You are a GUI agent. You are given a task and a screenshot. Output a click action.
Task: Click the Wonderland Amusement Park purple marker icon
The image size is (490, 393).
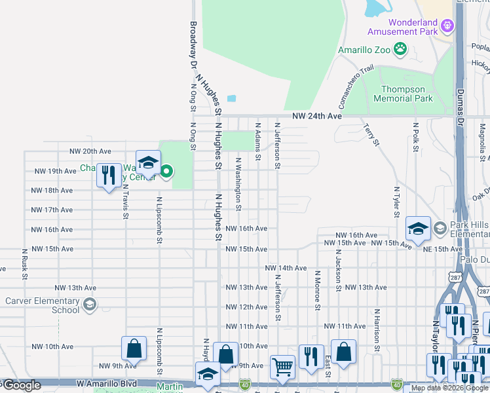(448, 26)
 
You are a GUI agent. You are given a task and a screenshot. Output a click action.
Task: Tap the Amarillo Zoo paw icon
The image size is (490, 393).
(400, 49)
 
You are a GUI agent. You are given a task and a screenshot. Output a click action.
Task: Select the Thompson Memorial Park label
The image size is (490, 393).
(403, 94)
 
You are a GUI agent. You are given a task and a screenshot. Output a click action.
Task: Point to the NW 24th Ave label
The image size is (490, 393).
(317, 115)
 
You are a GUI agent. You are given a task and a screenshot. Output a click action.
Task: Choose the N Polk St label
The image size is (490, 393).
(415, 137)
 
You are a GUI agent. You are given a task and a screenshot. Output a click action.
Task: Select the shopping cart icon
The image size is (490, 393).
(282, 367)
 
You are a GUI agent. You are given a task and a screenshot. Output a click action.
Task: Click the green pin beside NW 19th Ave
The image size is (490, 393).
(166, 172)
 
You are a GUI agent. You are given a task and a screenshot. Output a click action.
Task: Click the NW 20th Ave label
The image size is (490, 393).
(91, 151)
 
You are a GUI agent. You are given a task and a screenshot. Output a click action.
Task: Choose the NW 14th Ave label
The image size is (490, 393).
(286, 268)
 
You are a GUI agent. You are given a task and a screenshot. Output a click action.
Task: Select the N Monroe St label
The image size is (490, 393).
(317, 290)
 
